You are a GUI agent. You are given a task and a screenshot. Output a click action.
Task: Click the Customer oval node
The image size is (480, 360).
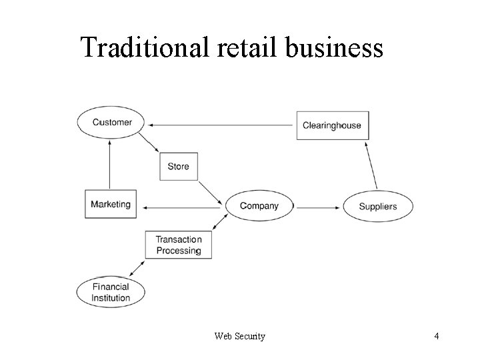click(112, 122)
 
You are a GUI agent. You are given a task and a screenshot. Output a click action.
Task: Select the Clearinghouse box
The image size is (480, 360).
click(332, 125)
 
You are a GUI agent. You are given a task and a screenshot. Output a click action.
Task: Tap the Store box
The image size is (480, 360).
click(178, 166)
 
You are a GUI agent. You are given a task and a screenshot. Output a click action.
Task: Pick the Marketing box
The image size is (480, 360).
click(111, 204)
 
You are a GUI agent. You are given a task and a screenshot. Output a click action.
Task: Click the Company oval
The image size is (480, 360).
click(259, 206)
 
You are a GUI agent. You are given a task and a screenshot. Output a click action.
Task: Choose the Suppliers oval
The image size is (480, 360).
click(377, 206)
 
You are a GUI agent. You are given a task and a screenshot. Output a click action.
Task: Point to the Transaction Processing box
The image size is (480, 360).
click(178, 245)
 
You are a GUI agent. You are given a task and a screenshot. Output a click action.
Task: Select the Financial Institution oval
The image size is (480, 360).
click(111, 292)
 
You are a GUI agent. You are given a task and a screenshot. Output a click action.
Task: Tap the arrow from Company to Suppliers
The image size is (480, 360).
click(317, 207)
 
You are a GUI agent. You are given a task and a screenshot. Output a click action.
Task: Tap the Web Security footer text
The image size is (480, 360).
click(239, 336)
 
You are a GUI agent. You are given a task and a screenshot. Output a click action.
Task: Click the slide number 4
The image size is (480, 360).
click(436, 336)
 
